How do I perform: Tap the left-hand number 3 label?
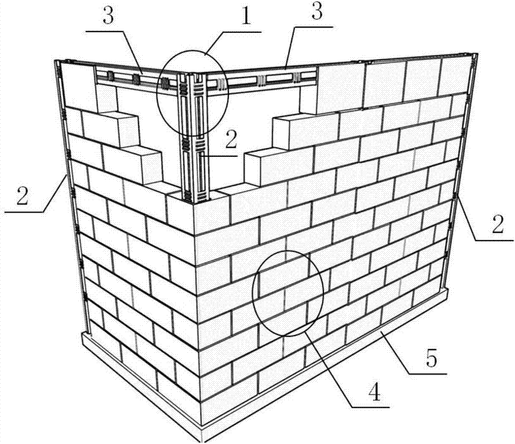[108, 17]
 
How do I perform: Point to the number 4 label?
[374, 392]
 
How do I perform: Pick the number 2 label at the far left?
[22, 197]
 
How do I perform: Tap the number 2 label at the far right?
[497, 226]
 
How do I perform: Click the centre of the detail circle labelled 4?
[288, 293]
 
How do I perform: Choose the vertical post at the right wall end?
[460, 171]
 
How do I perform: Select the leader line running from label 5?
[410, 353]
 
